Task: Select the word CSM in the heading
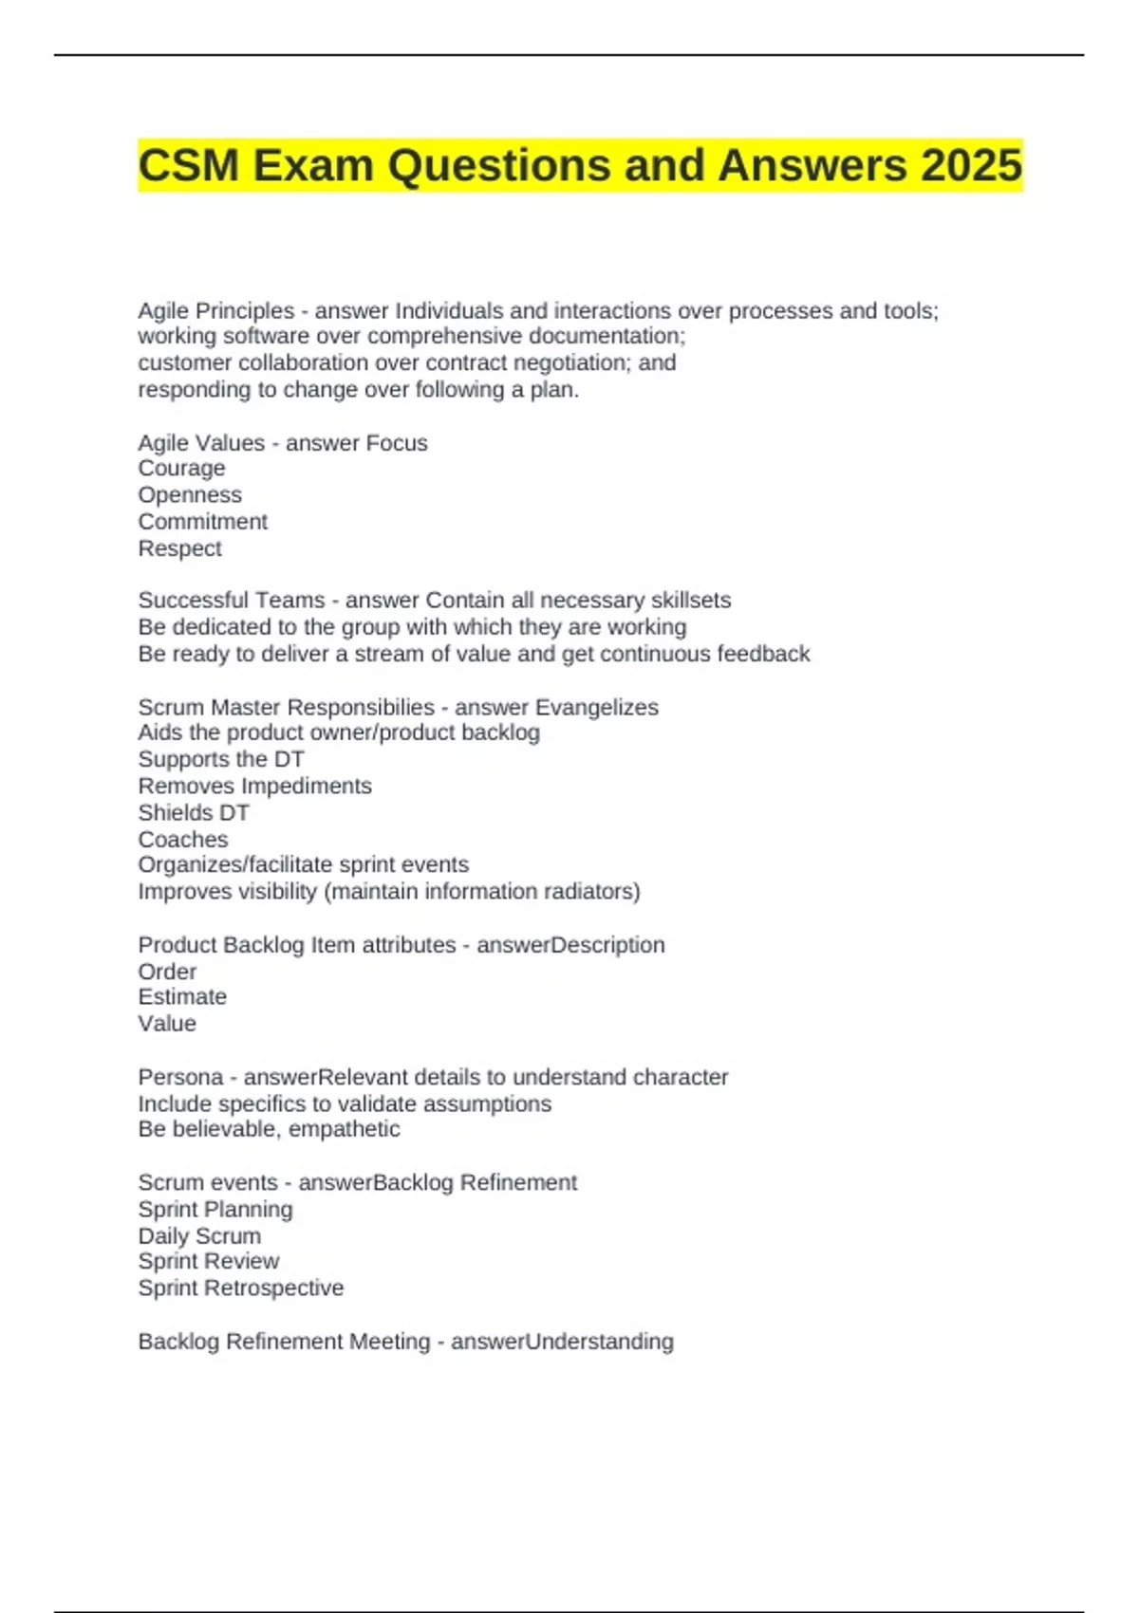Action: tap(188, 165)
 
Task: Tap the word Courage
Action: tap(181, 469)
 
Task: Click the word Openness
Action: tap(190, 495)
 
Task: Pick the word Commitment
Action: tap(202, 522)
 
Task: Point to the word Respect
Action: tap(179, 548)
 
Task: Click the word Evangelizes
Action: tap(596, 707)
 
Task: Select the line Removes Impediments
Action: tap(254, 786)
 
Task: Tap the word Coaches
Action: tap(182, 840)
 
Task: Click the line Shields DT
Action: tap(194, 813)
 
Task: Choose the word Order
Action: tap(167, 972)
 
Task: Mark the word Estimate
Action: tap(182, 997)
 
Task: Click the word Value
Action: tap(167, 1024)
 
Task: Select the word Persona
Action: tap(180, 1077)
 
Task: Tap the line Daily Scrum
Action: tap(199, 1236)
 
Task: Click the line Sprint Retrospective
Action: tap(241, 1288)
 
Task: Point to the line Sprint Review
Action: tap(209, 1261)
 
